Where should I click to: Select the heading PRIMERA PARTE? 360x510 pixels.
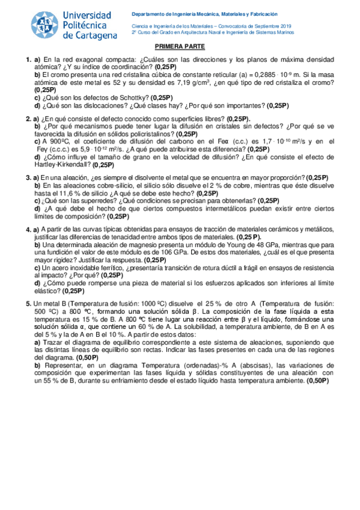pos(180,46)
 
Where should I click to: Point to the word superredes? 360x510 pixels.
pos(89,201)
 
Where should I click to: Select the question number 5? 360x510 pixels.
pos(28,304)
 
